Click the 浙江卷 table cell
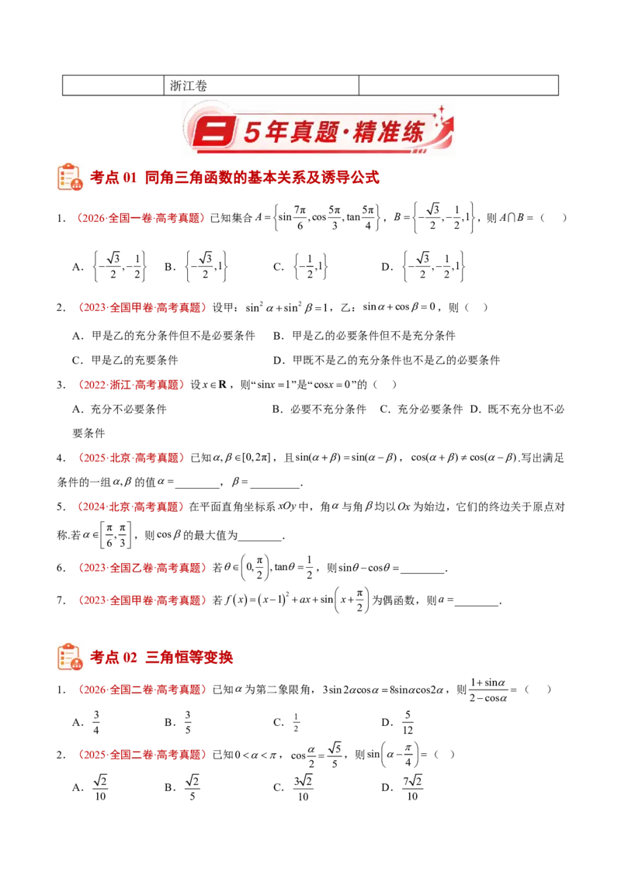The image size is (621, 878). point(261,85)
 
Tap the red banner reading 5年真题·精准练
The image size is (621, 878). point(317,131)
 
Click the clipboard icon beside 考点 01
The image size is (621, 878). point(70,177)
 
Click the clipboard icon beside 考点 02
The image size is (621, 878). point(70,657)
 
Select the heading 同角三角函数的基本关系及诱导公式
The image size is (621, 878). point(262,178)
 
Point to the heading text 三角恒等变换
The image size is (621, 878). point(189,658)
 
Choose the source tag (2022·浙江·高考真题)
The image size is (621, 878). point(130,385)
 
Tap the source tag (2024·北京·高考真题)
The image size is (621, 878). point(130,506)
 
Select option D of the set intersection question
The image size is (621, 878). point(424,267)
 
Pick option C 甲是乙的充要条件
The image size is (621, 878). point(125,360)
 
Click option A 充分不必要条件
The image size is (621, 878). point(120,410)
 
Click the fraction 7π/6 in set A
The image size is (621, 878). point(300,218)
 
